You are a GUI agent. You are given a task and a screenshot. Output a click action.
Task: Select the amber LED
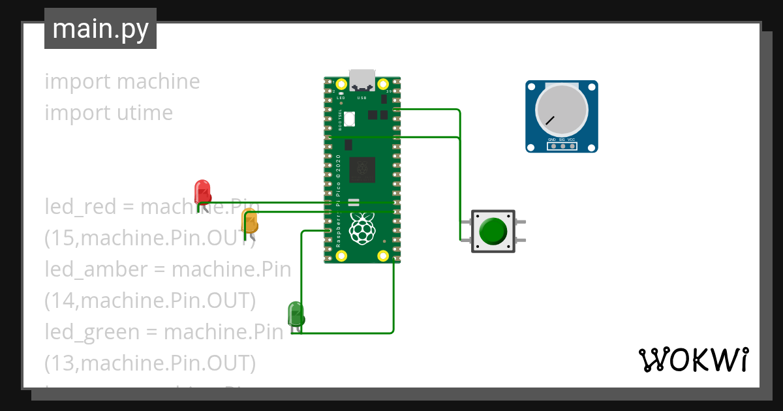pos(250,221)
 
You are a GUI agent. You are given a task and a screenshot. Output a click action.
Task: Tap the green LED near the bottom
pos(296,314)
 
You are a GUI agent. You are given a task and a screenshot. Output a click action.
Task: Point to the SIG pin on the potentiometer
pos(562,146)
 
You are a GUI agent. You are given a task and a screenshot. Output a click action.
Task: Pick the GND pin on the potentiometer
pos(552,146)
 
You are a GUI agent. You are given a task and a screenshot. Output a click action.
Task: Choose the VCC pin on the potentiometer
pos(572,146)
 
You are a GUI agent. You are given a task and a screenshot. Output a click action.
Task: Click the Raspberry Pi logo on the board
pos(363,228)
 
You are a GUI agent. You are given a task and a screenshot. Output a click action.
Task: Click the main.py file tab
pos(100,29)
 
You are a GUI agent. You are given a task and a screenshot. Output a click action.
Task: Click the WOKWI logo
pos(693,360)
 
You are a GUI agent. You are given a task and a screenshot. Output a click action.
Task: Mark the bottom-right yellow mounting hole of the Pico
pos(383,255)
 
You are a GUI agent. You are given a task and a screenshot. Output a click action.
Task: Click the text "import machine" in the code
pos(122,82)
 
